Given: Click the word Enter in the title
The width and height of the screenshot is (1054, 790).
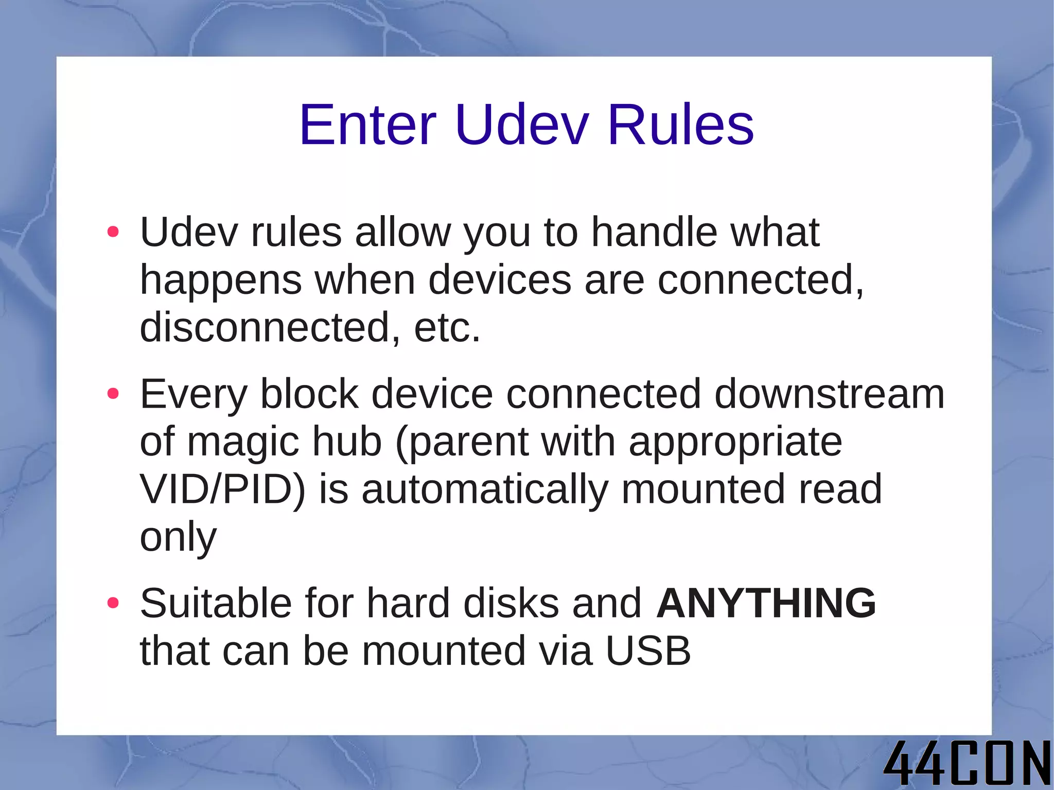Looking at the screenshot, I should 367,125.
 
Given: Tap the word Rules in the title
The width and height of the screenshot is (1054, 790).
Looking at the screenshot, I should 680,125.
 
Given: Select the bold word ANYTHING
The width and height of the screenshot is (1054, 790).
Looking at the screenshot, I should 766,603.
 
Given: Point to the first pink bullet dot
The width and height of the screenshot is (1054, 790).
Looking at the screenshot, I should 113,232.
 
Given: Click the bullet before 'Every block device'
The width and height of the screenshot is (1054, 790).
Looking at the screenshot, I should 113,394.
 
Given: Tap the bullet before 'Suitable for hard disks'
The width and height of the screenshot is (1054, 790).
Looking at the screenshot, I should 113,603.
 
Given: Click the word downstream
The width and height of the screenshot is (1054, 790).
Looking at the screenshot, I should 829,394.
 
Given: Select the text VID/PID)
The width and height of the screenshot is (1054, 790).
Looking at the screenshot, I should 222,489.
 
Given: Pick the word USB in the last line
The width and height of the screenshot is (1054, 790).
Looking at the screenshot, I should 648,651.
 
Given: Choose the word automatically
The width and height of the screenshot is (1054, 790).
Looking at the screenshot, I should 485,489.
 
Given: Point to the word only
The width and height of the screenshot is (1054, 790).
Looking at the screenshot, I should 178,537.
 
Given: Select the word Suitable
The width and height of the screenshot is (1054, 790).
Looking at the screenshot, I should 216,603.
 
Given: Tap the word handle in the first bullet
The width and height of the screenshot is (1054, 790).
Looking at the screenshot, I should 654,232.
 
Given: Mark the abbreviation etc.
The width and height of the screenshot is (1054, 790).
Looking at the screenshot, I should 447,327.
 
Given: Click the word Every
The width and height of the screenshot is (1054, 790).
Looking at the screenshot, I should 194,394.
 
